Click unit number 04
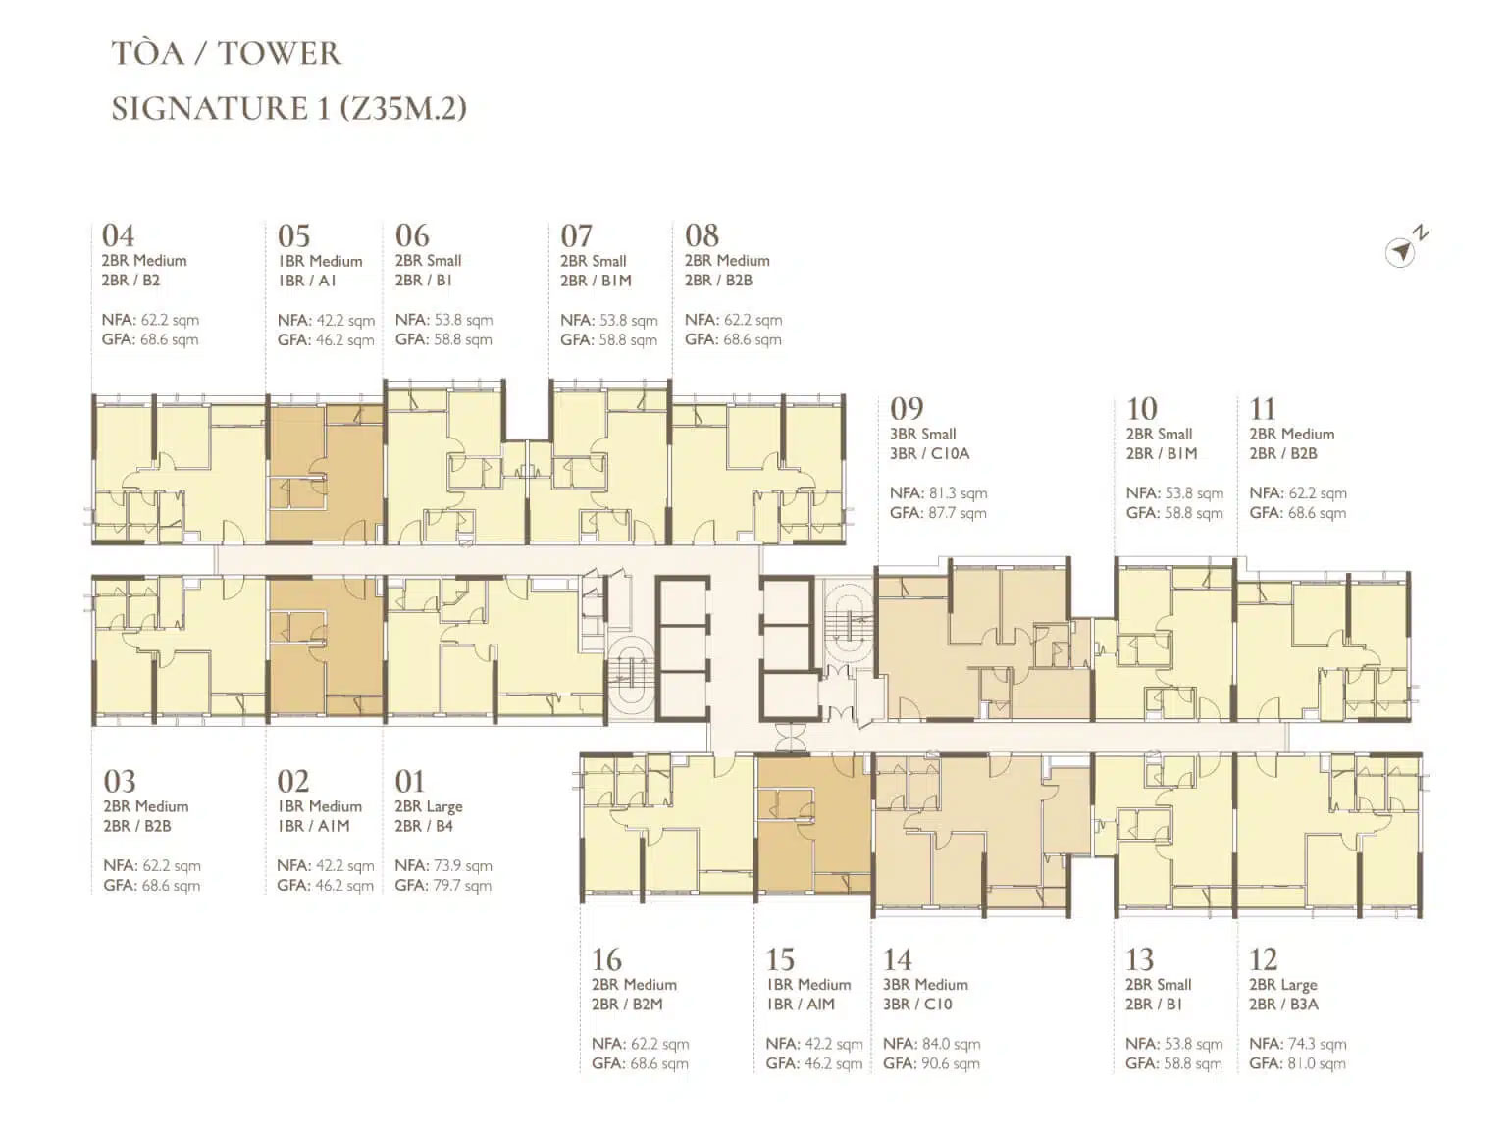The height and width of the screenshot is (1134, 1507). tap(118, 235)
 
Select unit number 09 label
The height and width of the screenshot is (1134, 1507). tap(907, 409)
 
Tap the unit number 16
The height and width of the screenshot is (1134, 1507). tap(607, 959)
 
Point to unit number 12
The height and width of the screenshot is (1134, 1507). tap(1264, 959)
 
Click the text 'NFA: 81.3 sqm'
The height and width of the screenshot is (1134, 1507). tap(939, 492)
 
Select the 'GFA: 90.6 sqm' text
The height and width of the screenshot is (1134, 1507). tap(931, 1063)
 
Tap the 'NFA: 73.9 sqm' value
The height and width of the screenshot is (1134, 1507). tap(443, 865)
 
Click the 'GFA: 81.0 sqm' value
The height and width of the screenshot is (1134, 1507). tap(1298, 1063)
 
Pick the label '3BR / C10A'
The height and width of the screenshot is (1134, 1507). tap(929, 454)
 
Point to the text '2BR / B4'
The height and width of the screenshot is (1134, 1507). tap(424, 826)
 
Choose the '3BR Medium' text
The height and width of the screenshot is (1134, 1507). tap(925, 984)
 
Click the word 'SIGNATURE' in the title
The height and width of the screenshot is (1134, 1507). tap(210, 109)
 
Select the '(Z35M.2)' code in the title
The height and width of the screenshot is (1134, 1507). tap(403, 109)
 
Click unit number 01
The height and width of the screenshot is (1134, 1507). tap(410, 781)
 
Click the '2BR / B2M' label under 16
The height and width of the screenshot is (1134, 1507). tap(628, 1005)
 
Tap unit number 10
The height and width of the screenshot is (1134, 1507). tap(1142, 409)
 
